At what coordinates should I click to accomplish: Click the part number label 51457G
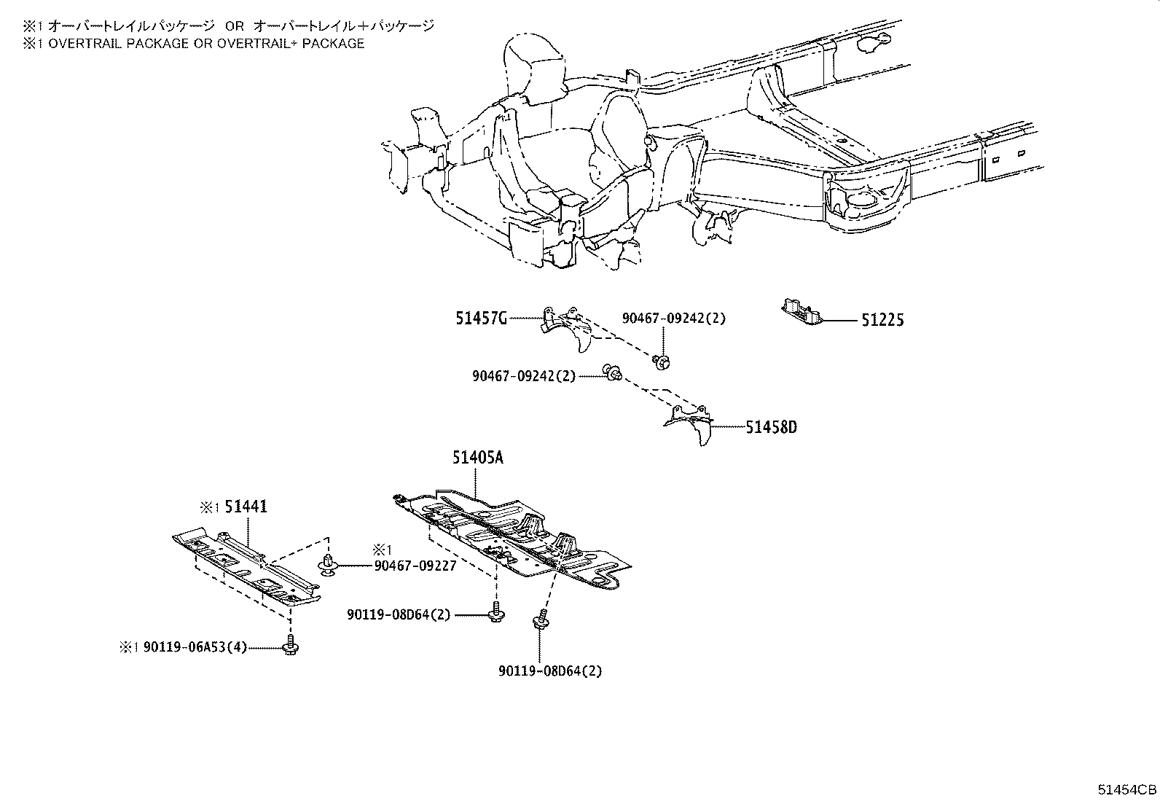(x=481, y=319)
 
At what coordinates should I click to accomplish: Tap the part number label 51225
(x=882, y=320)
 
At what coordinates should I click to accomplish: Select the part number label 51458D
(x=771, y=427)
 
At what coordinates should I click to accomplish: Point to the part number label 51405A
(x=477, y=458)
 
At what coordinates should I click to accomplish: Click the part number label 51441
(x=246, y=507)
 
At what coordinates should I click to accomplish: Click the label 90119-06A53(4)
(x=195, y=646)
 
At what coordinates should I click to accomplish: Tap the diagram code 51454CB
(x=1127, y=790)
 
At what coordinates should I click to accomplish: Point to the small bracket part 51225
(x=800, y=311)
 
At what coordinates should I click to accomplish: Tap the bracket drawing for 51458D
(x=691, y=423)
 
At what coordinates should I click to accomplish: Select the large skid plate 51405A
(x=510, y=536)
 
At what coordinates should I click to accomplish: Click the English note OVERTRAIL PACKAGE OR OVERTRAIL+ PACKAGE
(x=193, y=43)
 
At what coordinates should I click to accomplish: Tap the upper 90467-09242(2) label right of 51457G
(x=673, y=319)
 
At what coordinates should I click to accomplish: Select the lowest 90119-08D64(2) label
(x=550, y=671)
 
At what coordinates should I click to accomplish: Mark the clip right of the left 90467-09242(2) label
(x=613, y=375)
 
